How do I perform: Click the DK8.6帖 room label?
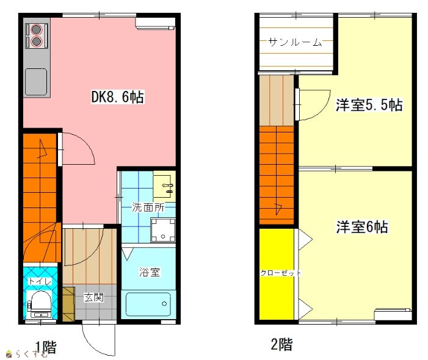point(117,97)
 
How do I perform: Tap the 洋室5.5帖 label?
point(369,105)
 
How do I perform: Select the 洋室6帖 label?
point(362,227)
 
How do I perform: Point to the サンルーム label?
point(295,42)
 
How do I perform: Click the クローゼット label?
point(281,273)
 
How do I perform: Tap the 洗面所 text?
point(148,207)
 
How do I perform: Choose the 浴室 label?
point(150,272)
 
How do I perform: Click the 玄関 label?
point(93,297)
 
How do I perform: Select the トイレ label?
point(40,281)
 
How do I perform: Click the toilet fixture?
point(40,304)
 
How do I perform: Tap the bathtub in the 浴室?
point(148,304)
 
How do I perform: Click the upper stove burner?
point(36,29)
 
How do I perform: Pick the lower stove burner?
point(36,41)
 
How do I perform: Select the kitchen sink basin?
point(36,82)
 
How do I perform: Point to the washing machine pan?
point(163,230)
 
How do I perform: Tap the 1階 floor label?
point(46,347)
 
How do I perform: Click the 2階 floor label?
point(281,344)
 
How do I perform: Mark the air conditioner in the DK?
point(155,23)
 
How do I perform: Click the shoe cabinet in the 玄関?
point(68,304)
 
